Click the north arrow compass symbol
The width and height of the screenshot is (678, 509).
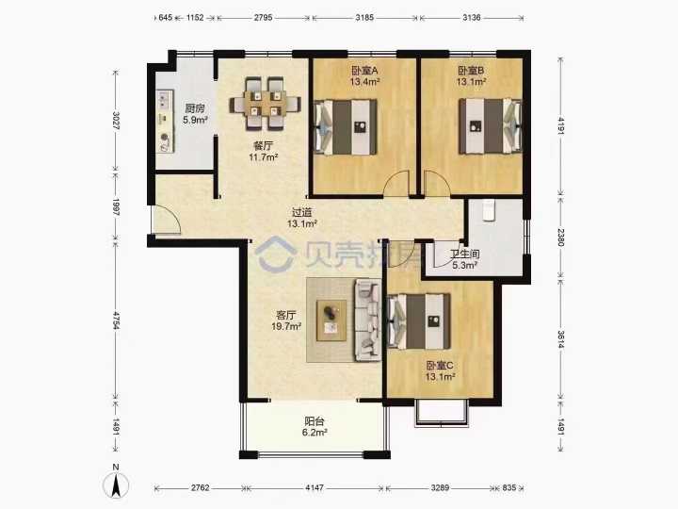[116, 484]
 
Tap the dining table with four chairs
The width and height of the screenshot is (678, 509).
[265, 104]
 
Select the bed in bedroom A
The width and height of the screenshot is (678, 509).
[346, 127]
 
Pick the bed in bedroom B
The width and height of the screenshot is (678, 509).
[491, 126]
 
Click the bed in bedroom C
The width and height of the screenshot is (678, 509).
[420, 321]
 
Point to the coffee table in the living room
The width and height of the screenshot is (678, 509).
[331, 320]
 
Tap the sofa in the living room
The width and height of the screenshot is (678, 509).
[368, 320]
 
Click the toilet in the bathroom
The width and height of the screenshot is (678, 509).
[489, 210]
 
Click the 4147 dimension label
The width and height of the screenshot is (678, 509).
[315, 488]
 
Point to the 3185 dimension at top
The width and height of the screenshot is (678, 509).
[364, 18]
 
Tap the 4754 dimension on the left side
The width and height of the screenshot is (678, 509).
[116, 320]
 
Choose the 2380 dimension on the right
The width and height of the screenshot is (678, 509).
[560, 238]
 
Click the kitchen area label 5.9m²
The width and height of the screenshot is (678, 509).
[195, 120]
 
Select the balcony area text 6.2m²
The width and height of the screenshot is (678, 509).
[315, 432]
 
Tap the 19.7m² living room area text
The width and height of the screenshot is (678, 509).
[286, 326]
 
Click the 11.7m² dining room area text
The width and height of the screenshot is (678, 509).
[263, 156]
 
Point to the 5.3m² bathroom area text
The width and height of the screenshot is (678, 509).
[465, 265]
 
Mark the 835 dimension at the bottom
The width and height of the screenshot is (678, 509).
[509, 488]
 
